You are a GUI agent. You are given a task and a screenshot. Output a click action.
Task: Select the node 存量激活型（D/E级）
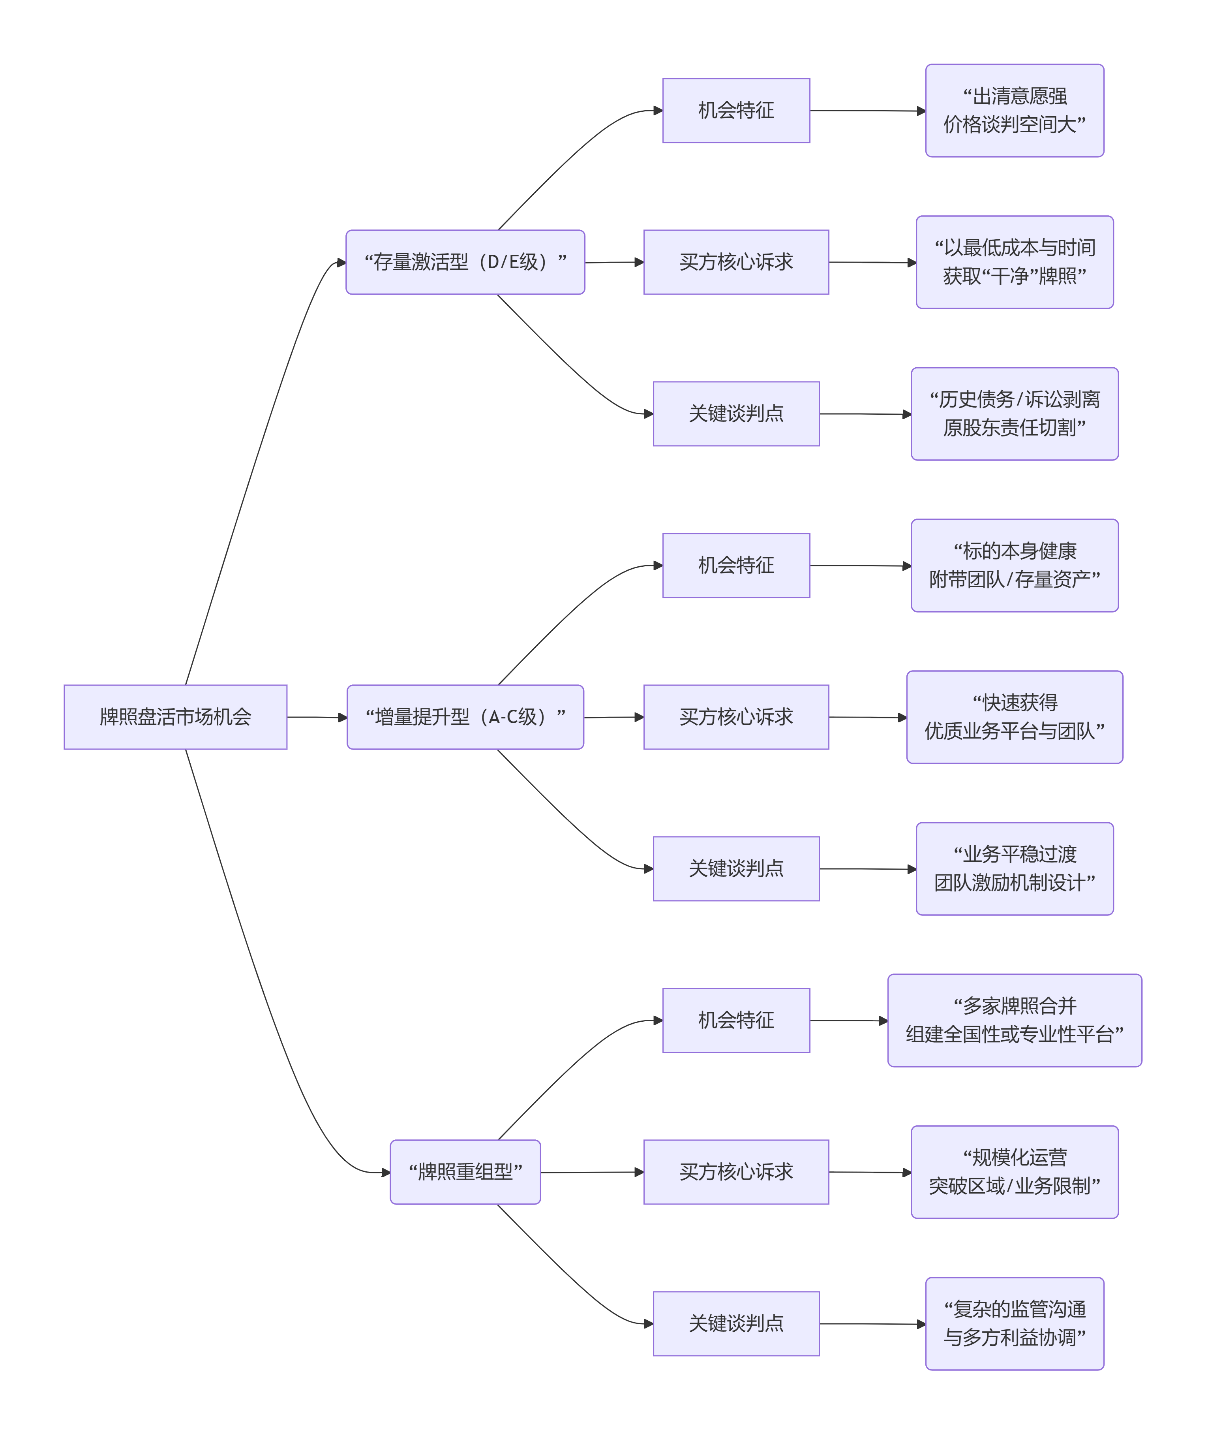(465, 262)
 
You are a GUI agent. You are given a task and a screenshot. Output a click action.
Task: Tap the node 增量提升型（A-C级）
(465, 717)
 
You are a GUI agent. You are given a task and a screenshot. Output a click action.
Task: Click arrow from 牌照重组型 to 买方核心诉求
(591, 1172)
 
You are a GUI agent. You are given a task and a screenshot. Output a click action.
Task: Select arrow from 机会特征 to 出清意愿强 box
(867, 110)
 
